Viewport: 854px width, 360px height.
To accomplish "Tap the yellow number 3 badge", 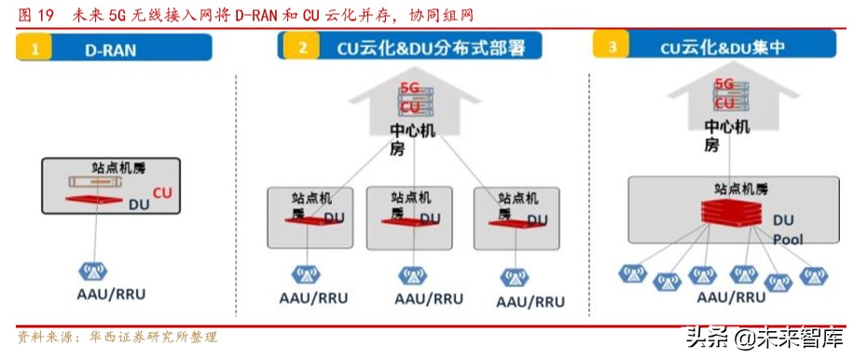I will click(612, 46).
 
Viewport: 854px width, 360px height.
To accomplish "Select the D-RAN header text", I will click(111, 50).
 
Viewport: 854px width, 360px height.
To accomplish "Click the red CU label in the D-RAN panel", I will click(162, 194).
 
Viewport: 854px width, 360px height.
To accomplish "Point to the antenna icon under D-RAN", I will click(90, 271).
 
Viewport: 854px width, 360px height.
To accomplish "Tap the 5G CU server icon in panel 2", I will click(411, 98).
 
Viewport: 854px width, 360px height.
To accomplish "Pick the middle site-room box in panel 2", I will click(410, 216).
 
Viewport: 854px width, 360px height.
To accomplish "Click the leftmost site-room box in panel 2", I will click(310, 216).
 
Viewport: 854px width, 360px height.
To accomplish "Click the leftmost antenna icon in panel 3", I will click(632, 274).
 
